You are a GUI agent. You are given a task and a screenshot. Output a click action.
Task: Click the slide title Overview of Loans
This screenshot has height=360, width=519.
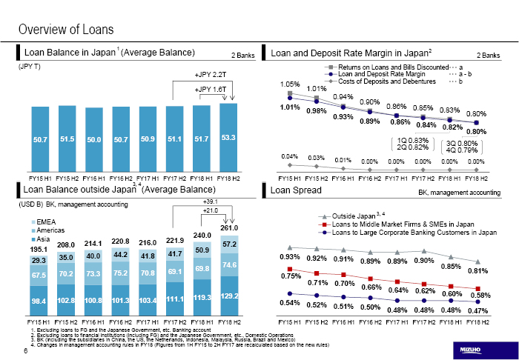tap(66, 30)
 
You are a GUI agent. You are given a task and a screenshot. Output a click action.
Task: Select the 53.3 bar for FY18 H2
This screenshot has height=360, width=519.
tap(228, 138)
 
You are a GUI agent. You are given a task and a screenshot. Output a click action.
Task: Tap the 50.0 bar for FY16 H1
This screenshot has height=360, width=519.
tap(93, 139)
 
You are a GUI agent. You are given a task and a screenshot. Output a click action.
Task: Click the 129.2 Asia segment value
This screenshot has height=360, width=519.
tap(228, 296)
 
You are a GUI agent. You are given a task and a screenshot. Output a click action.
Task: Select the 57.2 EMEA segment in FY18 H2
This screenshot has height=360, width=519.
tap(228, 244)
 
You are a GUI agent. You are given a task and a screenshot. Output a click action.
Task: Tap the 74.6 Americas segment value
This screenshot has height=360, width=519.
tap(228, 264)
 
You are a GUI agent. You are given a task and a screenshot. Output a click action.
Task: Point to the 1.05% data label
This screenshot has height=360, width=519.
tap(290, 84)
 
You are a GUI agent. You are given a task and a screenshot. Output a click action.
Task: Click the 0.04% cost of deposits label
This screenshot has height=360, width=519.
tap(290, 156)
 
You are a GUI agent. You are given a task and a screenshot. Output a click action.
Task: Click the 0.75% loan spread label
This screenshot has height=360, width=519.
tap(290, 276)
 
